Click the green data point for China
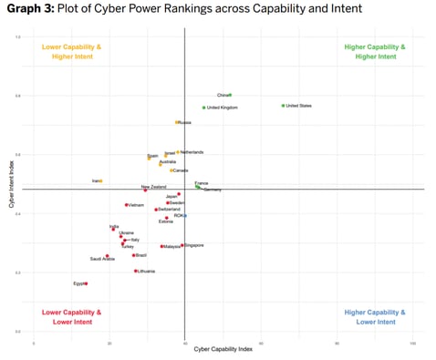click(230, 95)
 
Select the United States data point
click(283, 106)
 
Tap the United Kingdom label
click(223, 108)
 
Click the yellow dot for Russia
click(177, 122)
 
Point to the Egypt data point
click(86, 283)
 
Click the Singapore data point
click(182, 245)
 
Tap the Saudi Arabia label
click(102, 259)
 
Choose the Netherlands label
click(192, 152)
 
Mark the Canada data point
click(171, 170)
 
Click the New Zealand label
click(153, 187)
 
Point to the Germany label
click(212, 190)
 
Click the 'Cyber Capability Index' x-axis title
click(223, 349)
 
